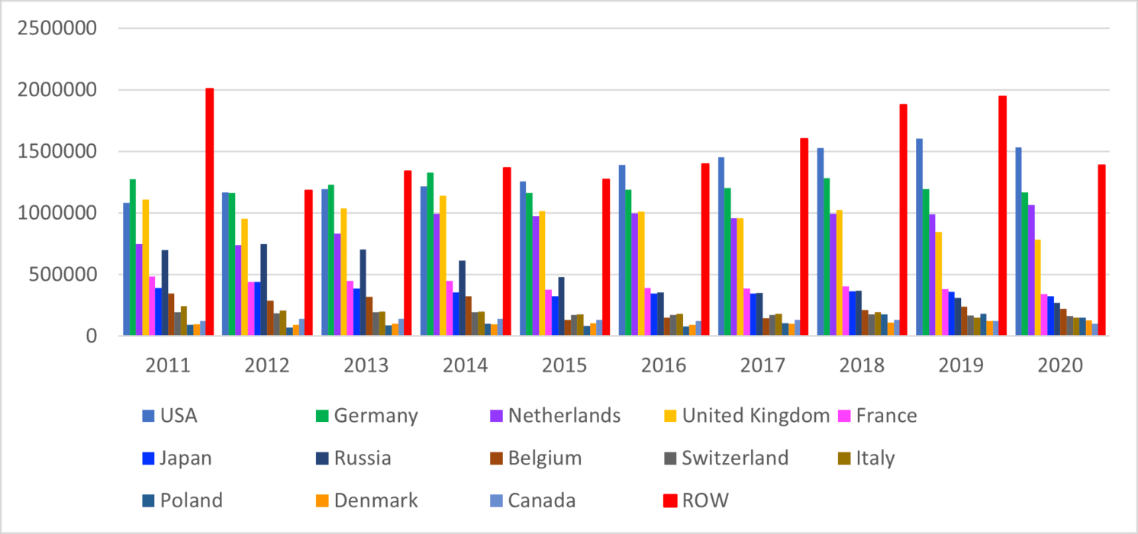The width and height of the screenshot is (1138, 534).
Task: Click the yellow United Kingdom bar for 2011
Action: coord(145,267)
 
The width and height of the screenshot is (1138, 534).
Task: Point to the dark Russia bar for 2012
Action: coord(264,289)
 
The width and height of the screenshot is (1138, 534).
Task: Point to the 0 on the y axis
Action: coord(91,336)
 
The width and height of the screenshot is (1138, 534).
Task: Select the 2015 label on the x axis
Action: coord(565,365)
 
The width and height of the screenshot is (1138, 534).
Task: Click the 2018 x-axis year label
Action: coord(862,365)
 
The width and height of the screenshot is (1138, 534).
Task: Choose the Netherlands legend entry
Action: coord(564,416)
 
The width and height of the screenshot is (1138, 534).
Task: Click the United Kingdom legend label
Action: coord(756,416)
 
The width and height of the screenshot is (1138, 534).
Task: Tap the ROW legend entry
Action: coord(706,500)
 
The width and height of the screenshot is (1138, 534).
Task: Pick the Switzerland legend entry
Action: coord(735,458)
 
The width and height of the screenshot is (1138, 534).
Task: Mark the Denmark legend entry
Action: coord(375,500)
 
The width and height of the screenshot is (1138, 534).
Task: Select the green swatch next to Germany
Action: coord(321,417)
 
